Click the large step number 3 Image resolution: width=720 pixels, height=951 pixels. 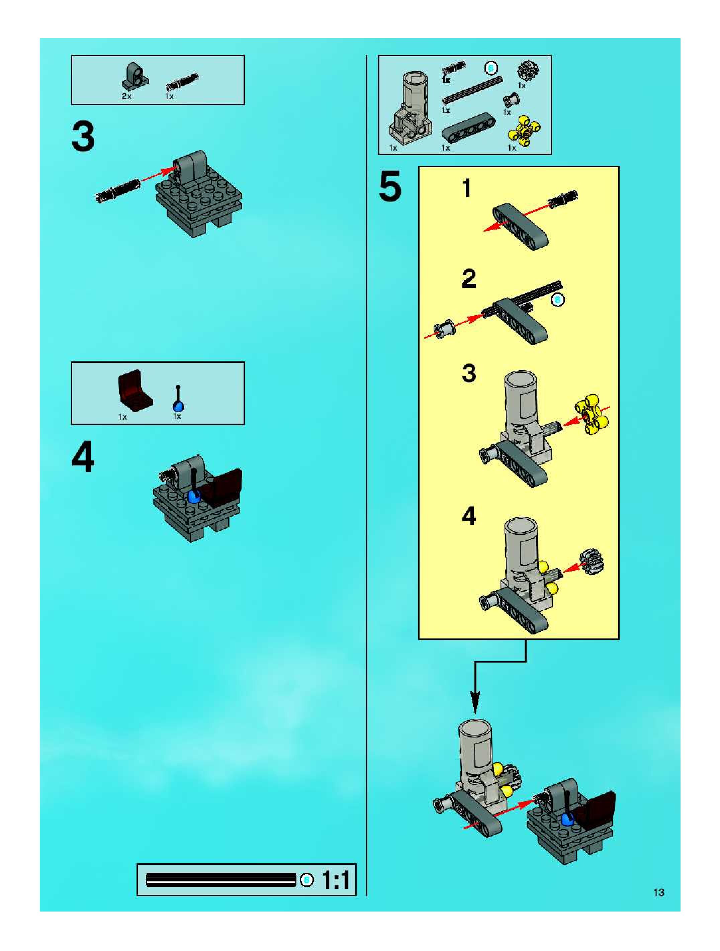(x=83, y=137)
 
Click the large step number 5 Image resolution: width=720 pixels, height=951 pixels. (x=390, y=186)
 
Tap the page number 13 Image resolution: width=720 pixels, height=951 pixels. (x=658, y=892)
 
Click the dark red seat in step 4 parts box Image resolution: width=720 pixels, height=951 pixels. (x=134, y=390)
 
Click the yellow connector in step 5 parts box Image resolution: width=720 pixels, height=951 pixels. (x=524, y=131)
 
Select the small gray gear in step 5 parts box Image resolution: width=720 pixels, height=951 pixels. (x=528, y=69)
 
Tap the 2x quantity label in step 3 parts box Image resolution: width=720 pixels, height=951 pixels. (x=126, y=96)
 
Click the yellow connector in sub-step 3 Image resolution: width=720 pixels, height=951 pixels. (x=592, y=414)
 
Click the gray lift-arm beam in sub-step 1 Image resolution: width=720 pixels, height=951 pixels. (x=520, y=226)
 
